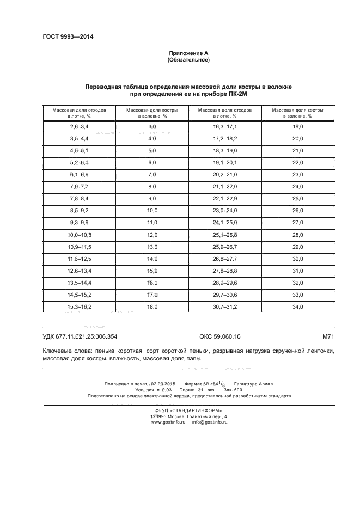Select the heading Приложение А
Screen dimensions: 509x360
[x=188, y=53]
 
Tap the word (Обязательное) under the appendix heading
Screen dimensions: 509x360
[x=188, y=59]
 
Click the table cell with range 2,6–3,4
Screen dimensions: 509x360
[x=79, y=126]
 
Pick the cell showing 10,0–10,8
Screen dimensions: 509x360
[x=79, y=234]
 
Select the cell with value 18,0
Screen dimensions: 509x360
[x=152, y=306]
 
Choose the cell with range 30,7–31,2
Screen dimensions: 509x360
[x=224, y=306]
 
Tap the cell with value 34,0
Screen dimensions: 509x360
[x=297, y=306]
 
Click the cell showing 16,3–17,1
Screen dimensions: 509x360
[x=224, y=126]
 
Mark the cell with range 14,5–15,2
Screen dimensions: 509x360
[x=79, y=295]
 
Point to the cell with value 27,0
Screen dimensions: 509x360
[x=297, y=222]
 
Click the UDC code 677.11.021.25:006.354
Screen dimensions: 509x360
[x=88, y=337]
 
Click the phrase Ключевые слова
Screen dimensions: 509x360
[x=65, y=352]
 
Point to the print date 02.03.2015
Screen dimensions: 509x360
[x=160, y=384]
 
